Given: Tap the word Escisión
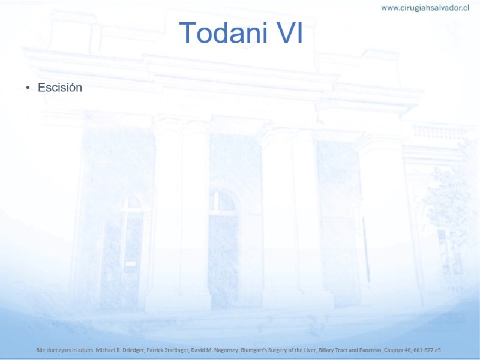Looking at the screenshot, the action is [60, 88].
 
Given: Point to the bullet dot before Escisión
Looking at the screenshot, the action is [28, 88].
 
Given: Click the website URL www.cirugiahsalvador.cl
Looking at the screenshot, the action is [425, 8].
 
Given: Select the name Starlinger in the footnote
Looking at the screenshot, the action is [175, 350].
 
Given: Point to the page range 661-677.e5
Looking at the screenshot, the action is [427, 350].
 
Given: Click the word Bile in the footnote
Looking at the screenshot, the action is [41, 350].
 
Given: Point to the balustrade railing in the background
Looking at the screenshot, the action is [440, 132].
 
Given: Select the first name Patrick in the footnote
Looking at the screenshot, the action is [154, 350].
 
